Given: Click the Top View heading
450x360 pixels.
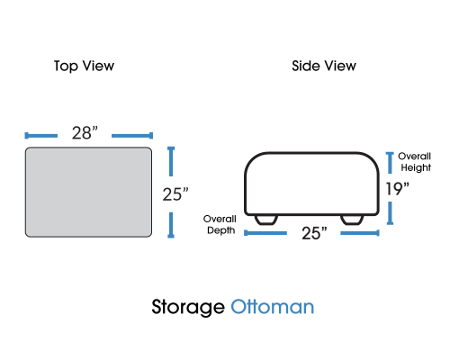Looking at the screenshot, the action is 84,67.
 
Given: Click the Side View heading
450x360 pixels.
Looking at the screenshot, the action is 324,66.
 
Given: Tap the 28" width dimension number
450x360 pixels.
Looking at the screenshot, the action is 85,133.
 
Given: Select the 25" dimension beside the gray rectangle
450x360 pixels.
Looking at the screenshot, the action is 175,194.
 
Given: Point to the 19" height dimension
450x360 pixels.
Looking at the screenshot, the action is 398,189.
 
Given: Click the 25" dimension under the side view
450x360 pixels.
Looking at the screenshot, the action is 314,233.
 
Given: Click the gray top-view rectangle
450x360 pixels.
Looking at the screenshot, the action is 88,192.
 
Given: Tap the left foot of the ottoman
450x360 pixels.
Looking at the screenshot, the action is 265,220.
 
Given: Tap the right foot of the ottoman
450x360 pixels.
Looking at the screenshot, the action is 352,220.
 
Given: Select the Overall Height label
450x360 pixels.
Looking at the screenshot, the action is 415,162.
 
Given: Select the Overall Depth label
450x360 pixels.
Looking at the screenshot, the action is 220,224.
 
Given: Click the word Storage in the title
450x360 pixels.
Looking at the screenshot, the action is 188,307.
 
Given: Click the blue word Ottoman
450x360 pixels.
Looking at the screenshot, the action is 273,307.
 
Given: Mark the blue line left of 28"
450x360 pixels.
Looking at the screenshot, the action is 41,136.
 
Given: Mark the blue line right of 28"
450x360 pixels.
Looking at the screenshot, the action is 132,136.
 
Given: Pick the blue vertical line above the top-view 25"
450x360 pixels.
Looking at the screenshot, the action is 171,161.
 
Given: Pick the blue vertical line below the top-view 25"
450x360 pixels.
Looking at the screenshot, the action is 171,225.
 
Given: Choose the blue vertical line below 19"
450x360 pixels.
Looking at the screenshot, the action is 390,213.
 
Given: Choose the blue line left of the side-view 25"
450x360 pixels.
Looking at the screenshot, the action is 265,233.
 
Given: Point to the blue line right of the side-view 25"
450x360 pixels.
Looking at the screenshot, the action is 360,233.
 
